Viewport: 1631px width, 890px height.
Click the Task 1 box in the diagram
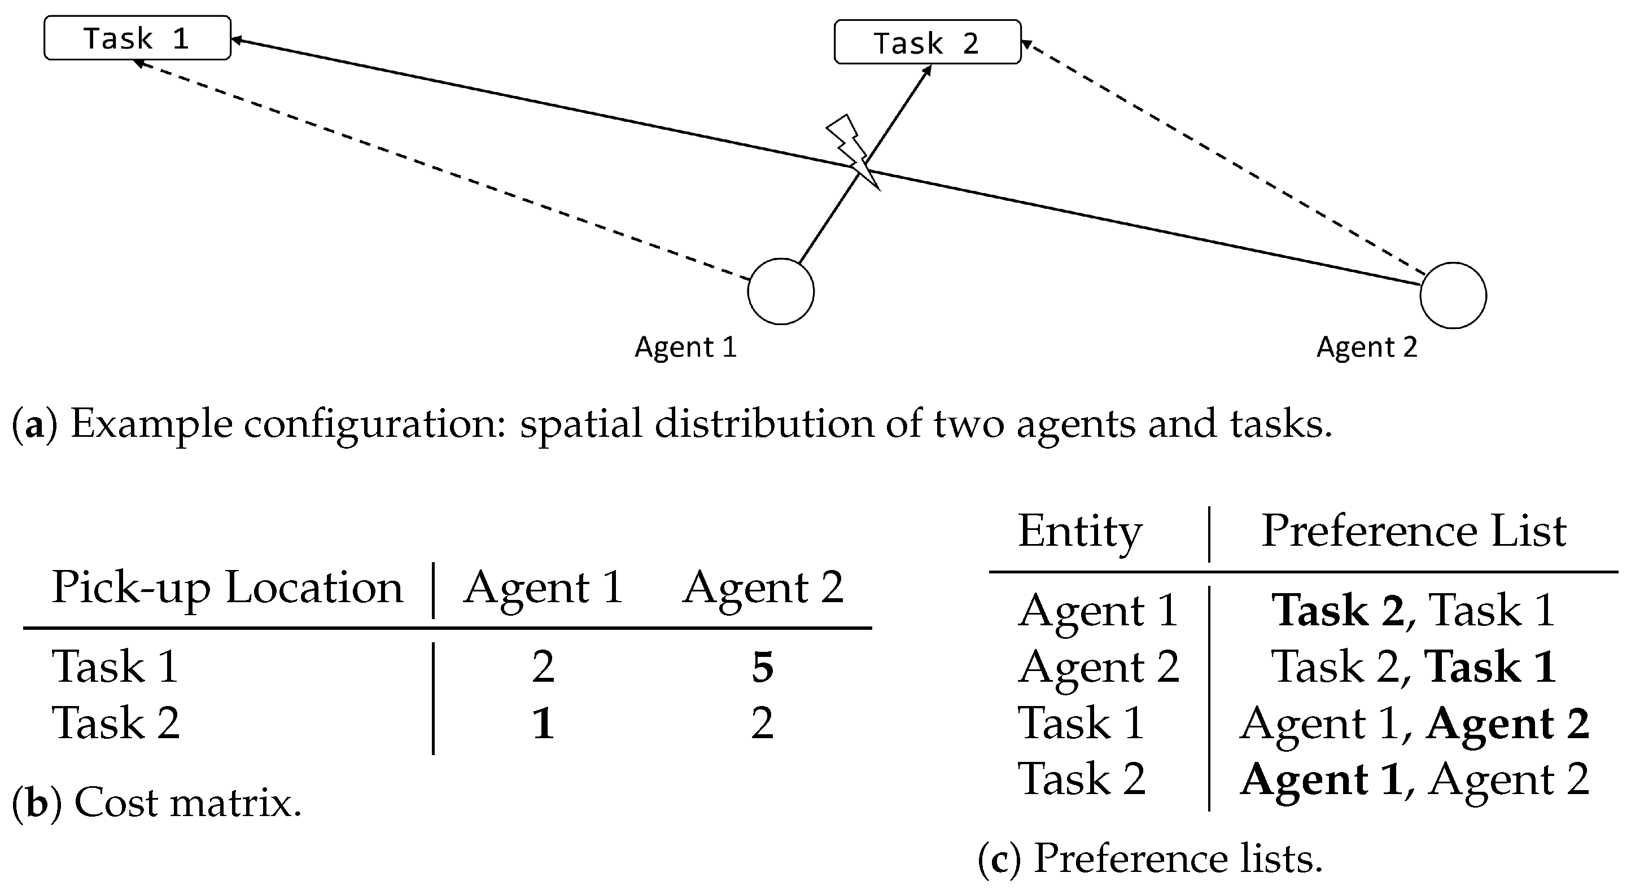[x=137, y=38]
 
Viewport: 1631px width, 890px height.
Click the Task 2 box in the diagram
[x=927, y=42]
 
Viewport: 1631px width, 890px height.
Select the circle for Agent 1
[x=781, y=291]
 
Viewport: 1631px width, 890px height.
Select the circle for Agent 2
[x=1453, y=296]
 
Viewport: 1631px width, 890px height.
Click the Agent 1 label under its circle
[x=686, y=347]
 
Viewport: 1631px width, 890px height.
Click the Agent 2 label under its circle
[x=1367, y=347]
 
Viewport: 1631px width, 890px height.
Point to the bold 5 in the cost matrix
[x=762, y=667]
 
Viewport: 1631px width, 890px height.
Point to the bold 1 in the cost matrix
[x=543, y=723]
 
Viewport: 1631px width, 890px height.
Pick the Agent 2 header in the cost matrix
[x=762, y=588]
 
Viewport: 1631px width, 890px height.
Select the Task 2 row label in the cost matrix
[x=116, y=723]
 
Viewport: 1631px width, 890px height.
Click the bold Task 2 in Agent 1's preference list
[x=1337, y=610]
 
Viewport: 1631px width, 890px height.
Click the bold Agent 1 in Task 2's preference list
[x=1320, y=779]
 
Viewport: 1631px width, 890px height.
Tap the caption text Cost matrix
[x=187, y=803]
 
